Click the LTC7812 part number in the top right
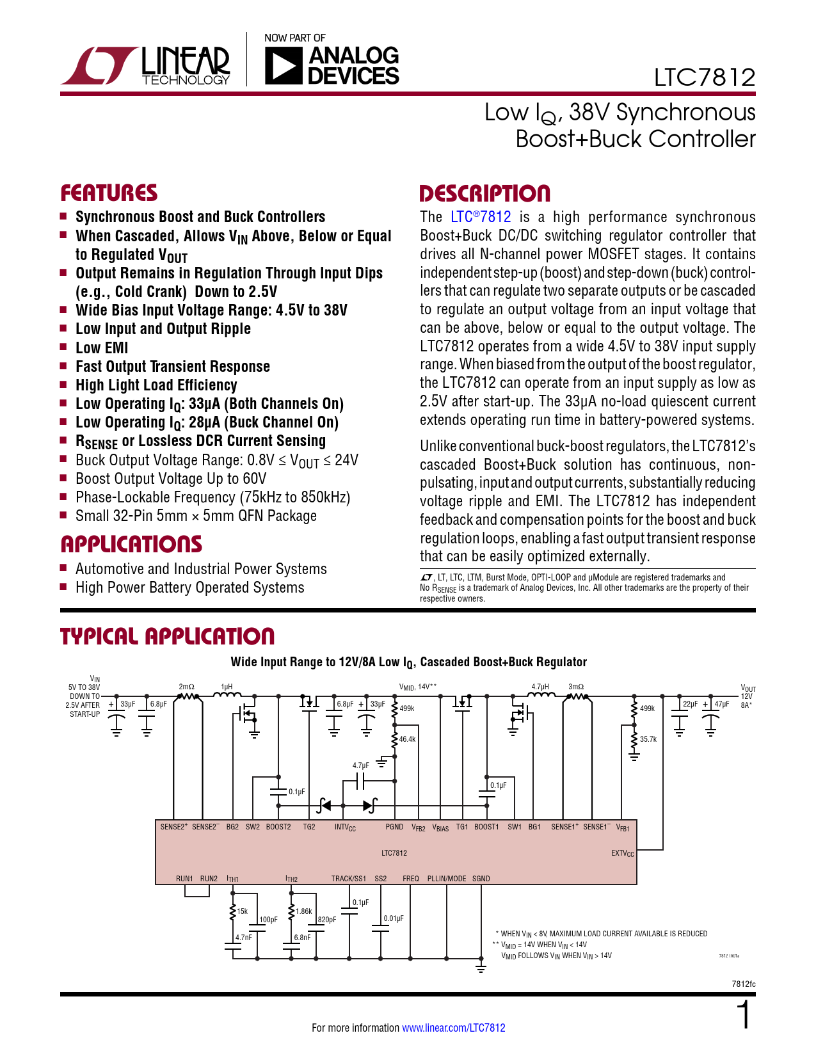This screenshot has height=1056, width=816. tap(704, 77)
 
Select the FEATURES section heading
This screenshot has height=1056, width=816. tap(109, 193)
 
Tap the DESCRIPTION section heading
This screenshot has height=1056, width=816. tap(484, 194)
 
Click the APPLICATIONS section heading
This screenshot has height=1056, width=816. tap(131, 545)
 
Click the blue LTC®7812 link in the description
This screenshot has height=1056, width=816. tap(481, 217)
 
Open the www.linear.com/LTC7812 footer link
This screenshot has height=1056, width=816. tap(453, 1028)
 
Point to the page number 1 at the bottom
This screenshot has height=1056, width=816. tap(743, 1016)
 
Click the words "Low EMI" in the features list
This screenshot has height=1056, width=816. tap(102, 348)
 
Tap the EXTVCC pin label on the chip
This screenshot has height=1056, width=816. tap(622, 854)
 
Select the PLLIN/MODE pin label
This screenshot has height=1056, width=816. tap(447, 879)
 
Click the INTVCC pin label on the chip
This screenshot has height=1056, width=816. tap(345, 828)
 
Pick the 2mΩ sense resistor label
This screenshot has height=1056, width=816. tap(186, 687)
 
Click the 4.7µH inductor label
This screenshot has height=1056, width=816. tap(540, 687)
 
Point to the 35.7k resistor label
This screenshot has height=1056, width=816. tap(648, 739)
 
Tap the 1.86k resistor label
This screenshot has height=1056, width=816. tap(304, 911)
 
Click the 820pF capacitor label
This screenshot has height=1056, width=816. tap(327, 920)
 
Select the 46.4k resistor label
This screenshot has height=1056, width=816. tap(408, 739)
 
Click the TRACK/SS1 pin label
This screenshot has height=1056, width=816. tap(349, 879)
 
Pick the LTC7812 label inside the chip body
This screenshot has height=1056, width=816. tap(394, 853)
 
